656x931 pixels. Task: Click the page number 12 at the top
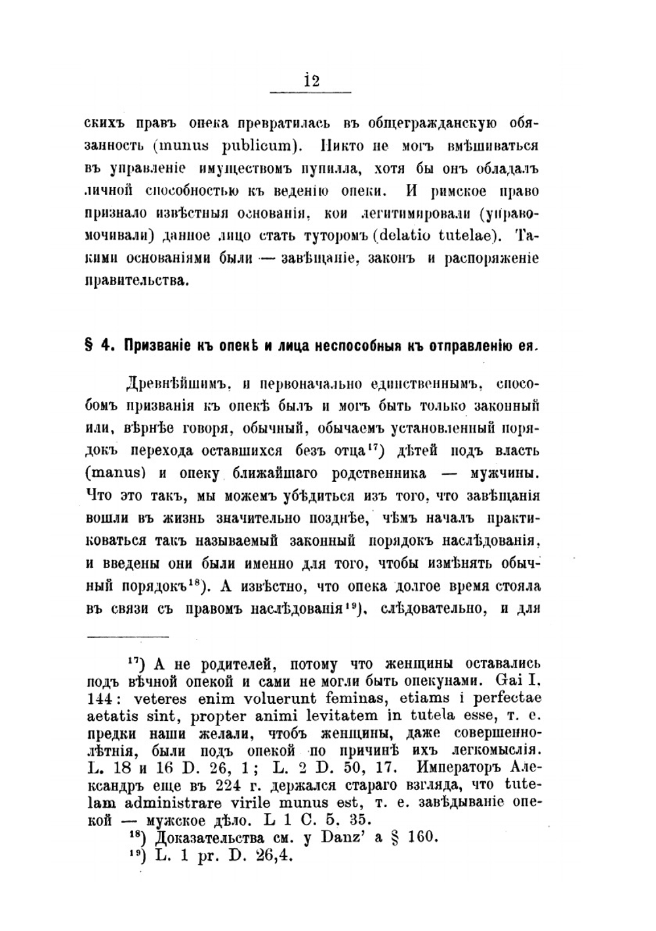tap(312, 81)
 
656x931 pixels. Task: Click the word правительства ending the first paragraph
tap(136, 281)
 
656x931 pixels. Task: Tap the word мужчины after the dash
tap(505, 473)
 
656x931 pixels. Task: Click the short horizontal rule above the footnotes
tap(128, 636)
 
